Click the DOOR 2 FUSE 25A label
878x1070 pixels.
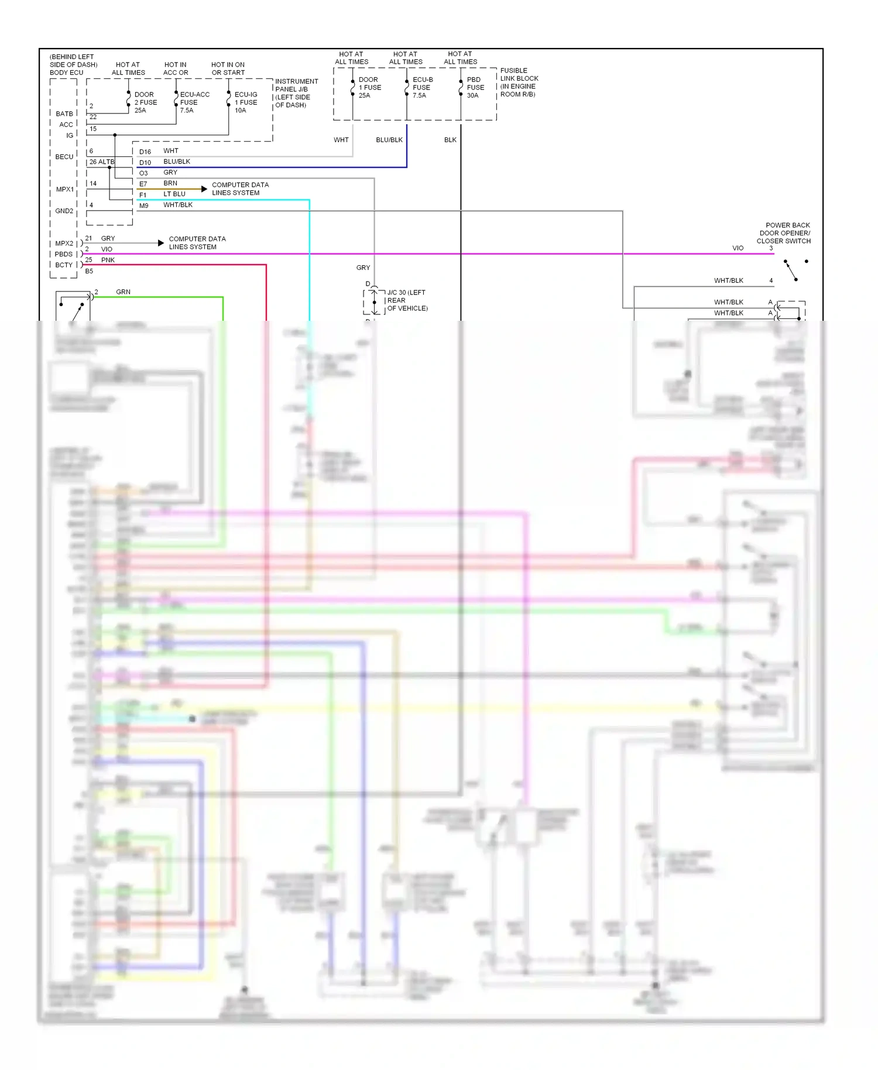pos(145,102)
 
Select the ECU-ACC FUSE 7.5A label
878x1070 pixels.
pos(194,102)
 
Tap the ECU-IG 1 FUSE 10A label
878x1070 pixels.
pos(246,102)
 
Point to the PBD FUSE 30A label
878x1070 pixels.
pos(475,87)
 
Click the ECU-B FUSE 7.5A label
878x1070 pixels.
pos(423,87)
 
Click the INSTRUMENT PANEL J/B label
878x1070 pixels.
pos(296,93)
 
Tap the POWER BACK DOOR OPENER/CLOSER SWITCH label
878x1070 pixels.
pos(784,233)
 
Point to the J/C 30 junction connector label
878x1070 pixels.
pos(407,300)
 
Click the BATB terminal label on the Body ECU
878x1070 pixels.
pos(64,114)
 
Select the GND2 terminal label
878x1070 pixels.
pos(64,211)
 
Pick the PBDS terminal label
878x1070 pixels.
pos(64,254)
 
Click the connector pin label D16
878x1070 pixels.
pos(145,152)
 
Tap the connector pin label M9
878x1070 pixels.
pos(144,205)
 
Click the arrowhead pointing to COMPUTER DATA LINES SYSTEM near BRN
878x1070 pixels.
pos(204,188)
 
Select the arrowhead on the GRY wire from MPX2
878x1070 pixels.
pos(161,243)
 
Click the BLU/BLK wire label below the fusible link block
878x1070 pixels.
pos(389,140)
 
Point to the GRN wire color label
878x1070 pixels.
pos(123,291)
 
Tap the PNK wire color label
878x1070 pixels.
pos(108,260)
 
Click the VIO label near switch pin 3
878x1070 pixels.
pos(738,248)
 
